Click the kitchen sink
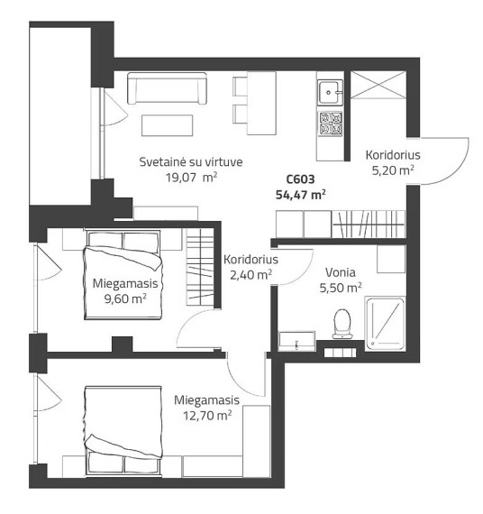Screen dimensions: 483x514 330,92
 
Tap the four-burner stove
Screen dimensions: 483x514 331,124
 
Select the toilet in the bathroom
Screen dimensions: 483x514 342,324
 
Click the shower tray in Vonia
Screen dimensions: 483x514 386,323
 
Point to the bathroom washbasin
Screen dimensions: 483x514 296,341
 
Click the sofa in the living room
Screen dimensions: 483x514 167,88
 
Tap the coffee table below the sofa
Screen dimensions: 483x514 167,125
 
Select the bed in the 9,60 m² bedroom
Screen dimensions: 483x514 123,275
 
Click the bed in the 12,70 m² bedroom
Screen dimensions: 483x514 123,430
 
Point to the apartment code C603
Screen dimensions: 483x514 300,179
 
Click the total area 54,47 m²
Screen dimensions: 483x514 300,195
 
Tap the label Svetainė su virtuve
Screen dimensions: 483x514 191,162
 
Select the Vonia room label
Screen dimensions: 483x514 341,272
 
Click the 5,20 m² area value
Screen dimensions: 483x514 393,170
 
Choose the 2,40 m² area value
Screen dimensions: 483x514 251,275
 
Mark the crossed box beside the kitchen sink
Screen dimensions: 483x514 378,85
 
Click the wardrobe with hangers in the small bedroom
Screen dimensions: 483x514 200,267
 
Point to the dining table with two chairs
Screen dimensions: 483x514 255,103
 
